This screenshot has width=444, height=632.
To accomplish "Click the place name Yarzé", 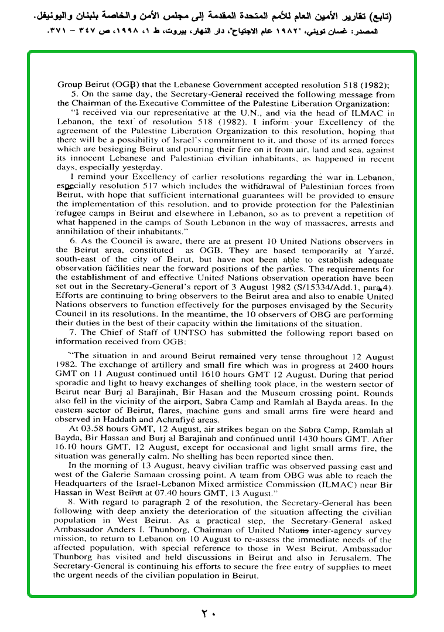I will tap(380, 250).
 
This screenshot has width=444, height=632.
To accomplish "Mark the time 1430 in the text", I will tap(316, 437).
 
